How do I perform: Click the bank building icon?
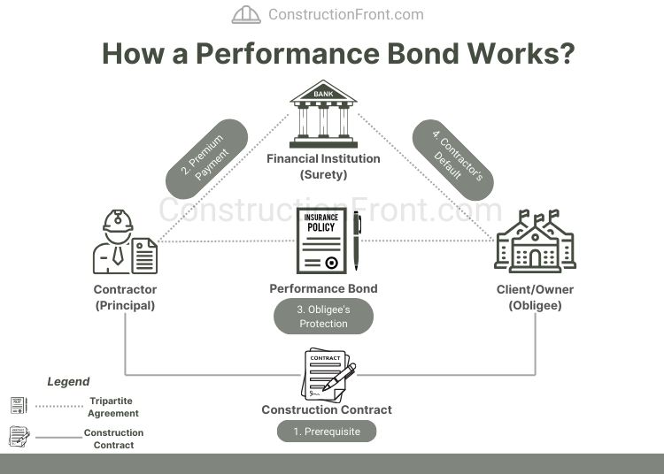323,114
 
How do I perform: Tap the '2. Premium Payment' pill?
206,158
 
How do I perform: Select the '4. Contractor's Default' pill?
452,159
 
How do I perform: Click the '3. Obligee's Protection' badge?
323,317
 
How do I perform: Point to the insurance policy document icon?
321,241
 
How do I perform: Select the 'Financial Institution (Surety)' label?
323,166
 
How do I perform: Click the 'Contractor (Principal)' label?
125,297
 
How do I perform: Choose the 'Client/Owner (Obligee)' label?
535,297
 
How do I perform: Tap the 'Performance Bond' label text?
323,288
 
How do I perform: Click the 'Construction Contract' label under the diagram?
327,409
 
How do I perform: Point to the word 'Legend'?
68,382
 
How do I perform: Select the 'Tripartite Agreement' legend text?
113,407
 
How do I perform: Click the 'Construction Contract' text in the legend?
113,439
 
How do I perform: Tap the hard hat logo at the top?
246,14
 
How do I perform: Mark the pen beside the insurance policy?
357,241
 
